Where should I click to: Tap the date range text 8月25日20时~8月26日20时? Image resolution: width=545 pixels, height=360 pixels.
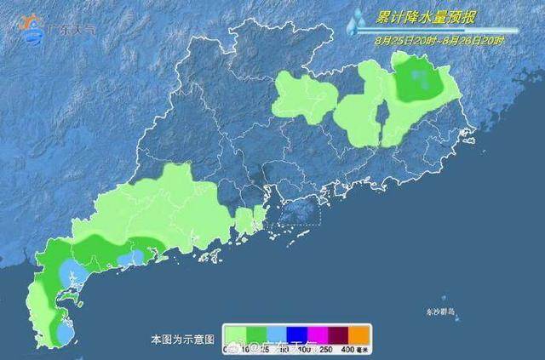click(x=439, y=39)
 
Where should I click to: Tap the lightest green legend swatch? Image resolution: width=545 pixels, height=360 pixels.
click(x=235, y=333)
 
